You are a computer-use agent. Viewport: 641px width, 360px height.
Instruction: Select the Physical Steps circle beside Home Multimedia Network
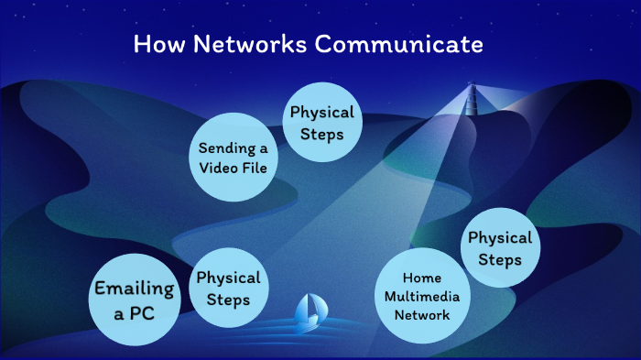[500, 248]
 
